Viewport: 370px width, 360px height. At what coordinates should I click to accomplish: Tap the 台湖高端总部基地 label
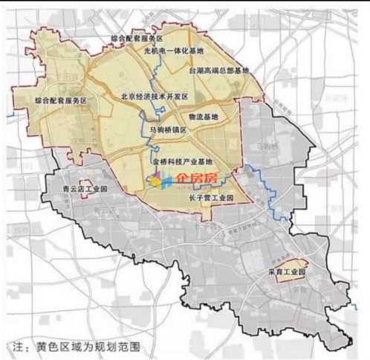219,69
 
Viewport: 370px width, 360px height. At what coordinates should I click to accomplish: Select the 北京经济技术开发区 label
155,97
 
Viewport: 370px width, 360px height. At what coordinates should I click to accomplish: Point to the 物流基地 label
203,117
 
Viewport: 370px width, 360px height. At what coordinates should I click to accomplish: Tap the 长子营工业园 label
212,198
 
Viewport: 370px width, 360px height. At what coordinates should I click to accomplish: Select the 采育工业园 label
287,272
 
